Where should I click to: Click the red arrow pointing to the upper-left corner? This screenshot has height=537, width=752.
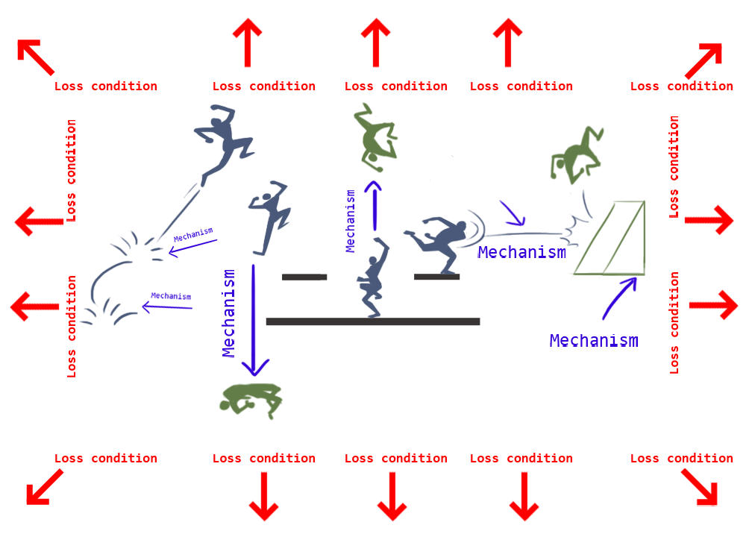34,57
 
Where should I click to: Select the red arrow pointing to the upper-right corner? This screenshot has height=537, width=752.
704,60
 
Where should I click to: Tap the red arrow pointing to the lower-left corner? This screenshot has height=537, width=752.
44,486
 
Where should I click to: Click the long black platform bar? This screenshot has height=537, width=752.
372,321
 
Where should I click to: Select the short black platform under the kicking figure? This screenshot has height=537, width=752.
436,277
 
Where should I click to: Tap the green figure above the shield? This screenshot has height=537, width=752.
575,154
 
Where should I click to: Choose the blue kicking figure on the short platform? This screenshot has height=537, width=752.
440,241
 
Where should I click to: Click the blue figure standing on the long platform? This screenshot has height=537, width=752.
372,278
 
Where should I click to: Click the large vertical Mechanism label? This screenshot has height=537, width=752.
230,313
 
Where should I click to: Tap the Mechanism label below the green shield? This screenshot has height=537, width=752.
594,341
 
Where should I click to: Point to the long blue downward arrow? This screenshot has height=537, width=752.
254,321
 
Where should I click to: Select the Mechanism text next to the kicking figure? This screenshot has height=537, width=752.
521,252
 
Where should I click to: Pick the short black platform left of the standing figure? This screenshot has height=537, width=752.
304,277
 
